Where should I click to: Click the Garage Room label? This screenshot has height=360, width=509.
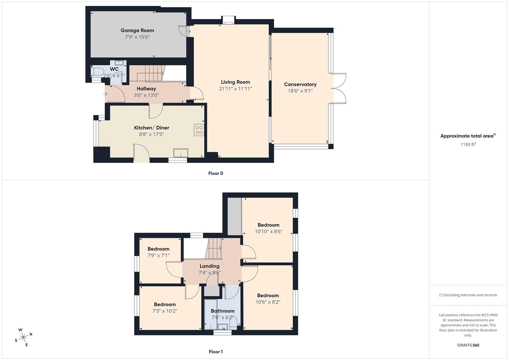[137, 30]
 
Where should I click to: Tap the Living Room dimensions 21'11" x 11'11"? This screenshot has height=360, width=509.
[235, 89]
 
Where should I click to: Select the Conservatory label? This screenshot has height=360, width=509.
[300, 84]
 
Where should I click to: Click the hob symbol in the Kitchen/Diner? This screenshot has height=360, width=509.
[199, 130]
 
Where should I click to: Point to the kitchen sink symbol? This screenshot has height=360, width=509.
[180, 153]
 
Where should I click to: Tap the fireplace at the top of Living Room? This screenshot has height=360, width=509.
[229, 21]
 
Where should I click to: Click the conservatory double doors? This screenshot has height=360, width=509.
[339, 88]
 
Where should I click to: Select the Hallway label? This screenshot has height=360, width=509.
[146, 89]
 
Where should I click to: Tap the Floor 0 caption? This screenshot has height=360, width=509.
[216, 173]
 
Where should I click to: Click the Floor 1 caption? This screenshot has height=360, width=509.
[216, 352]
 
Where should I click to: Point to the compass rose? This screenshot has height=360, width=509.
[23, 337]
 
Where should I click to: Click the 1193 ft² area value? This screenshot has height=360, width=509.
[468, 144]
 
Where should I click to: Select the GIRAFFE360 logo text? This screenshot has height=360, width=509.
[468, 345]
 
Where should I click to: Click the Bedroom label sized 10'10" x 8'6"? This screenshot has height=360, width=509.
[268, 225]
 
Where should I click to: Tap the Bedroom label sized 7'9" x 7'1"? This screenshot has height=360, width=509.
[158, 249]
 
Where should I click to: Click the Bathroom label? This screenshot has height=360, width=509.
[222, 311]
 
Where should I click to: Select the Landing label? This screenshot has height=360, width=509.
[209, 266]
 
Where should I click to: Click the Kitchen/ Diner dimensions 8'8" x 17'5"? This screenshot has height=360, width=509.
[151, 134]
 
